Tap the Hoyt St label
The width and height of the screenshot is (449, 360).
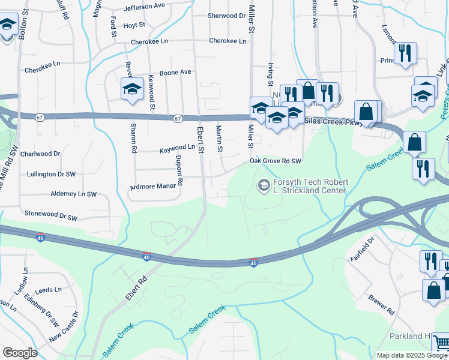click(x=134, y=25)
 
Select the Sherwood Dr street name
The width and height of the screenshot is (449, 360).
click(x=226, y=16)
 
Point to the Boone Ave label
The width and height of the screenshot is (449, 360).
click(x=175, y=72)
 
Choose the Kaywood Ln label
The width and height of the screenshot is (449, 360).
click(x=177, y=147)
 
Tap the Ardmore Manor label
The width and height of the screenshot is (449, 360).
click(x=153, y=186)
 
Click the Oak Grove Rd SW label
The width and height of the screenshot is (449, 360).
click(x=276, y=161)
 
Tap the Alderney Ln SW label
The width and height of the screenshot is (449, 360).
click(x=74, y=194)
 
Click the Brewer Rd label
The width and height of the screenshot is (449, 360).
click(x=382, y=305)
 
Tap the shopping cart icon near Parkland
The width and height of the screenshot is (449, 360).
click(x=441, y=343)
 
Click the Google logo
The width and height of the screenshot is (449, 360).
click(x=20, y=353)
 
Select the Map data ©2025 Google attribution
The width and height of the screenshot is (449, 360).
click(x=412, y=355)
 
